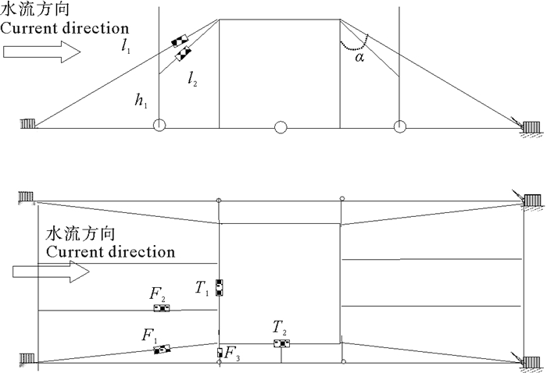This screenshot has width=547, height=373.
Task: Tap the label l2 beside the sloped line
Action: click(192, 77)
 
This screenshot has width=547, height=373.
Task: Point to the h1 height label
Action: click(141, 101)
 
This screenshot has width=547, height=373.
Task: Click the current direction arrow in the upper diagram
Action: click(41, 52)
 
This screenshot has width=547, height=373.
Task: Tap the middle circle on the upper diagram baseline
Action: click(281, 126)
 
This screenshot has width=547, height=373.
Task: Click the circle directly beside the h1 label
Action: click(159, 126)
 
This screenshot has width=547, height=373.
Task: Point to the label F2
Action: click(157, 294)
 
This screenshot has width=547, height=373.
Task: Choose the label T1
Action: click(202, 289)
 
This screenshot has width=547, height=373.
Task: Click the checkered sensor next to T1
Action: click(220, 287)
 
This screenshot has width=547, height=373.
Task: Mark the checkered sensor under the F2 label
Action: click(162, 308)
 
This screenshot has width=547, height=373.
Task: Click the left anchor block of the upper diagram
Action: click(28, 124)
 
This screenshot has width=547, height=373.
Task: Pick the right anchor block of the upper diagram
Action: click(534, 126)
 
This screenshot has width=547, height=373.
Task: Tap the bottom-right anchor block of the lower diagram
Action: click(534, 360)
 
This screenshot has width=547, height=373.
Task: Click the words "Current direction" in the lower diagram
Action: click(110, 252)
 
